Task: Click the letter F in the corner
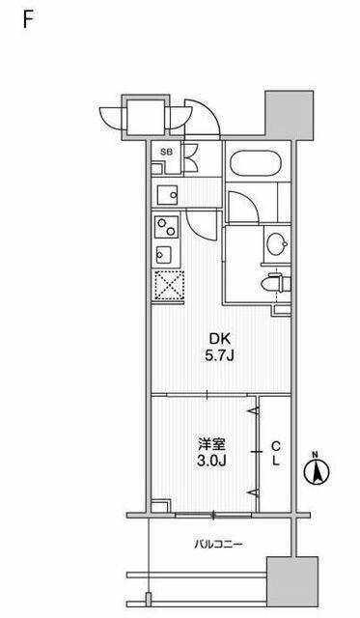click(27, 19)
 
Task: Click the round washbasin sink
click(276, 244)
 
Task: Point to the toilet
click(276, 283)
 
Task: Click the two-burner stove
click(166, 227)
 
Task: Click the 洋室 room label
click(211, 444)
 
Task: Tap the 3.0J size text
click(211, 462)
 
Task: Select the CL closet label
click(276, 454)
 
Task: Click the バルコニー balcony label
click(218, 545)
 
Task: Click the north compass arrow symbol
click(318, 471)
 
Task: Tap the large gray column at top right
click(290, 115)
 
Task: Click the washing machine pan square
click(167, 195)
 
